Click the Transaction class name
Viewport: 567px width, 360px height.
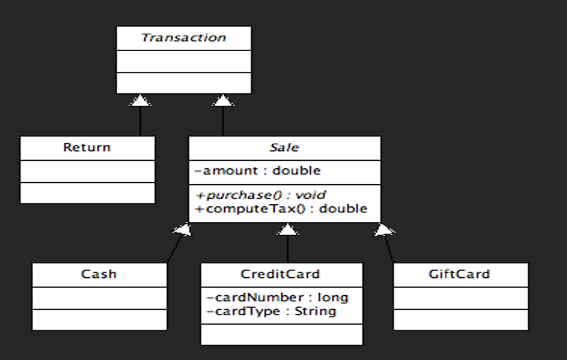[183, 38]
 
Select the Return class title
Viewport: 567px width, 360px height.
[87, 148]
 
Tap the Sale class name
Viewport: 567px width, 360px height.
[284, 148]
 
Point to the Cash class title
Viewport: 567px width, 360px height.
[99, 274]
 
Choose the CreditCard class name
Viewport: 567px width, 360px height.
[280, 274]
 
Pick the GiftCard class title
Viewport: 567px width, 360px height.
[459, 274]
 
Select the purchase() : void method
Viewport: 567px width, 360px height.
[261, 195]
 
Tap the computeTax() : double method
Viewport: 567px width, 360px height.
[281, 208]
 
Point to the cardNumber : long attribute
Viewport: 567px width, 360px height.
[277, 298]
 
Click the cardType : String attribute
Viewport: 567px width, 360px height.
[271, 311]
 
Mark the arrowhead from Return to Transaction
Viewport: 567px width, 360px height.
[141, 101]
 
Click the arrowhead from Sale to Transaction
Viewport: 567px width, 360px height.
[222, 101]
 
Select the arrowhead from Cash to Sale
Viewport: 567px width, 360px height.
[183, 230]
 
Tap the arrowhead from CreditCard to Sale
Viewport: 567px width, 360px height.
[288, 230]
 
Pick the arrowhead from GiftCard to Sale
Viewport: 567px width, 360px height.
[383, 230]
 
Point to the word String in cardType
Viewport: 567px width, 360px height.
[315, 311]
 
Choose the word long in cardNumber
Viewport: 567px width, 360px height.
[332, 298]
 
